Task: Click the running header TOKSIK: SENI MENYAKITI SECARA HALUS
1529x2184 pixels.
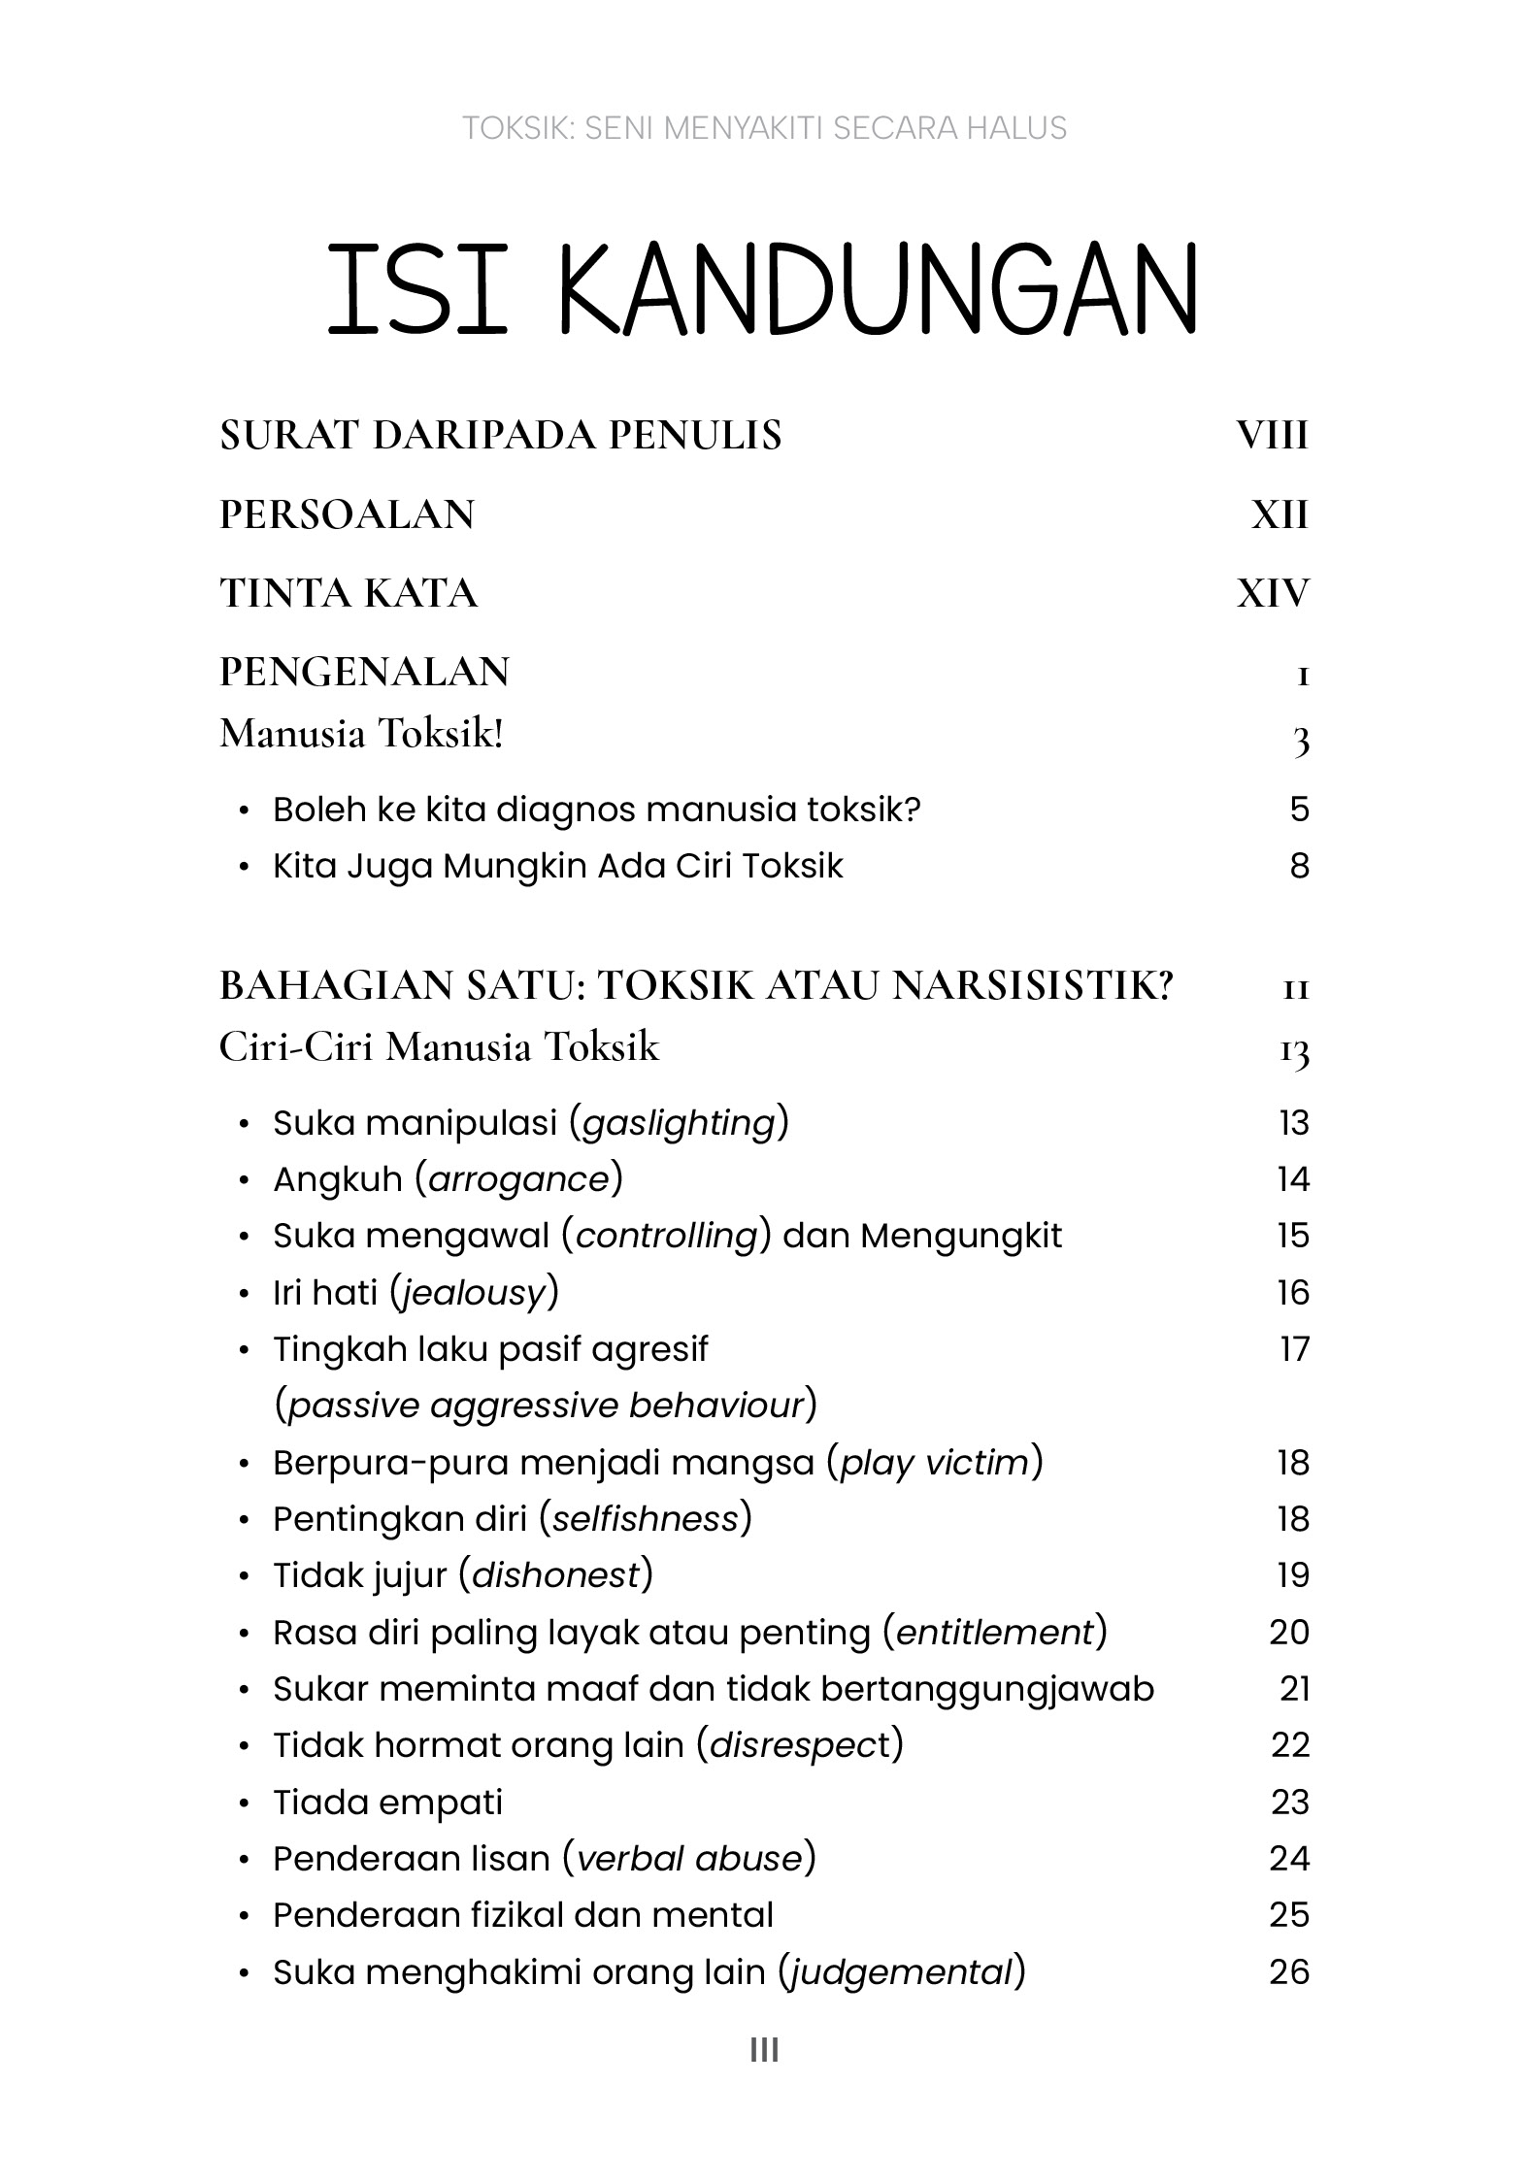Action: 764,128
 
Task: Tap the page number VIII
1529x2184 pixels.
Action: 1272,435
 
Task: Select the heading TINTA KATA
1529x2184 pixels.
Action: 349,593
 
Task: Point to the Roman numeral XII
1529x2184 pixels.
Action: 1280,514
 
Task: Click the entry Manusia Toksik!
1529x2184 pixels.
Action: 361,734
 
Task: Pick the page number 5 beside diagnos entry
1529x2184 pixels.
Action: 1299,809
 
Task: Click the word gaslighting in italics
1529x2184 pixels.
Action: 680,1122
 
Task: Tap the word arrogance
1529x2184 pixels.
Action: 518,1179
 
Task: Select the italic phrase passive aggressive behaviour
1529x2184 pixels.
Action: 547,1405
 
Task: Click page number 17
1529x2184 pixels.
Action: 1294,1348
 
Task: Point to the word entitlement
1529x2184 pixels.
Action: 995,1632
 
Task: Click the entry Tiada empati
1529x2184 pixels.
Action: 387,1802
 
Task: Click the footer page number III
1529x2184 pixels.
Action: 764,2050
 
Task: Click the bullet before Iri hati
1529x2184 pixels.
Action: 245,1294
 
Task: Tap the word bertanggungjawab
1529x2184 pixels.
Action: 987,1689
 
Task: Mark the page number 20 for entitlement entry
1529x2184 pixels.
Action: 1289,1632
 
